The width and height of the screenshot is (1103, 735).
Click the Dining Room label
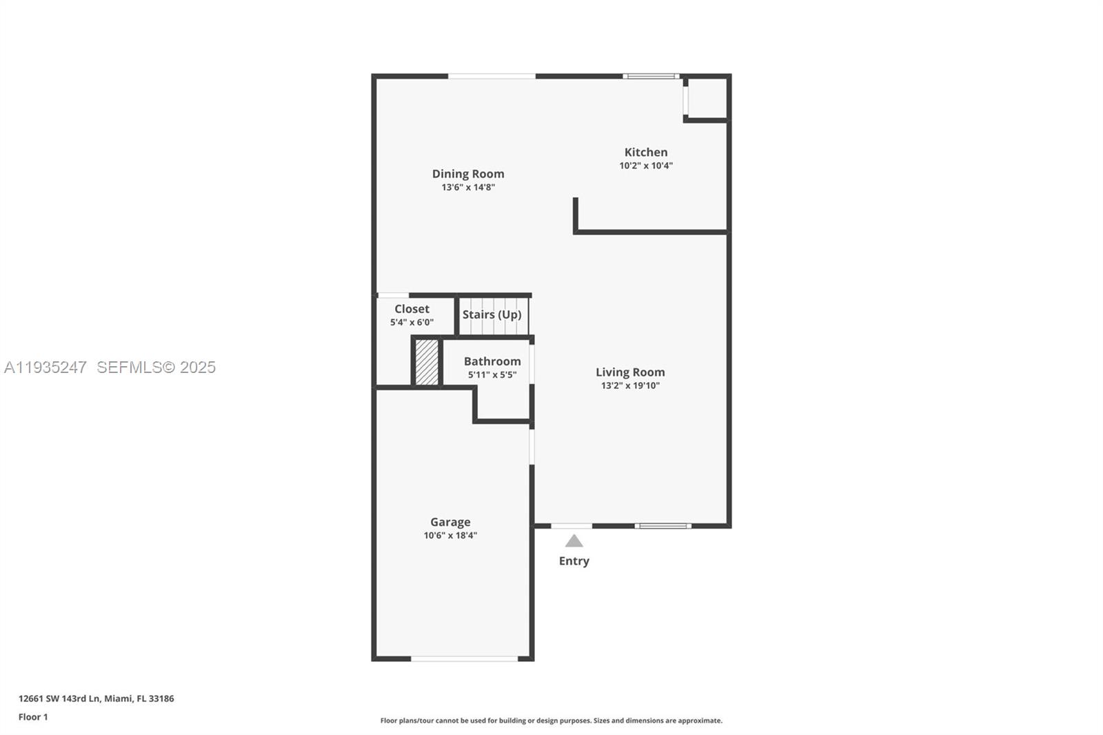point(468,174)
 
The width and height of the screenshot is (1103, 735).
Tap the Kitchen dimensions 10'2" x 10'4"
point(646,165)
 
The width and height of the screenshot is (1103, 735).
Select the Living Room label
point(630,372)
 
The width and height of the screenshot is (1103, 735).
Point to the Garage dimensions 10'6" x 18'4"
point(450,536)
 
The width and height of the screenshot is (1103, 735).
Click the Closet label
point(412,309)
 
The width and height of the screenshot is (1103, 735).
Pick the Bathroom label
point(492,361)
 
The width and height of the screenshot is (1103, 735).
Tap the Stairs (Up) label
point(492,314)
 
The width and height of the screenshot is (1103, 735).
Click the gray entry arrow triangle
point(574,541)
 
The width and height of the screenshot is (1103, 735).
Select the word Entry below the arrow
point(574,561)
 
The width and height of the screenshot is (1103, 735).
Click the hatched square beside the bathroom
point(427,362)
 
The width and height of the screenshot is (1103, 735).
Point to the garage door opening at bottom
point(464,659)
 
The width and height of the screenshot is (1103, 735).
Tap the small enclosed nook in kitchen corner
point(707,98)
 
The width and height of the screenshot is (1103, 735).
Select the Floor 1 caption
point(33,717)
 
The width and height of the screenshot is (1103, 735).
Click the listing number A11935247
point(45,367)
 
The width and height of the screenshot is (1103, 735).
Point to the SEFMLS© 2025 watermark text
point(156,367)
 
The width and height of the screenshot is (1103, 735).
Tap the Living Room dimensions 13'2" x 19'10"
point(630,385)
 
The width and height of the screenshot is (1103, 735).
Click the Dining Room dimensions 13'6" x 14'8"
point(468,188)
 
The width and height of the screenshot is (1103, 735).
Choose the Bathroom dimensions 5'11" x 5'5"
point(492,375)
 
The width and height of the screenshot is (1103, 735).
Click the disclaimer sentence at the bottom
point(551,721)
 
